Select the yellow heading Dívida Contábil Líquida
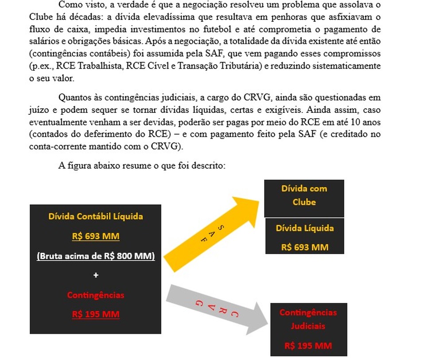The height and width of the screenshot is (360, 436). click(96, 217)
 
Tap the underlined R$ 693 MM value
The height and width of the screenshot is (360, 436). click(96, 236)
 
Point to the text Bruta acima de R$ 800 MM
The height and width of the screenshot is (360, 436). click(96, 255)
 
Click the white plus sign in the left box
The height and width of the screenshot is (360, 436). click(96, 275)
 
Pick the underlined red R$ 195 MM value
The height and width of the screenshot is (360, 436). click(96, 314)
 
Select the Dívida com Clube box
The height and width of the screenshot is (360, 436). click(304, 195)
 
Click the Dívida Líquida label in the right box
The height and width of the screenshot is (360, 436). click(304, 228)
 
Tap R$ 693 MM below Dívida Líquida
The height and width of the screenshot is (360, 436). click(305, 247)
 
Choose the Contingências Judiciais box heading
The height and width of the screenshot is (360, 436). click(308, 319)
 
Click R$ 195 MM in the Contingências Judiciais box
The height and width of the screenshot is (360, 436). click(308, 345)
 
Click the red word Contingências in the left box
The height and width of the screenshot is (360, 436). click(96, 295)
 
